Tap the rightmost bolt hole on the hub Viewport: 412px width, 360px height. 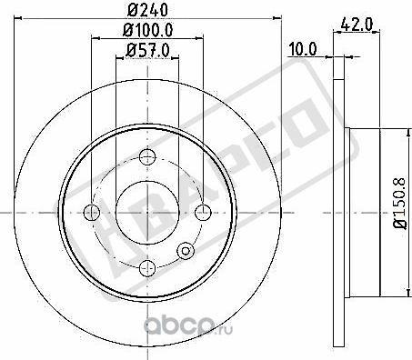coord(202,212)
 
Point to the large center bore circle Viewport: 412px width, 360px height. coord(146,211)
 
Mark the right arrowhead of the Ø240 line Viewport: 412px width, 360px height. coord(276,23)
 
